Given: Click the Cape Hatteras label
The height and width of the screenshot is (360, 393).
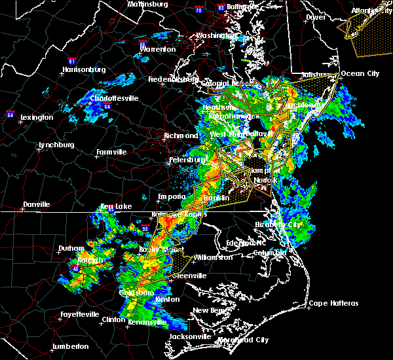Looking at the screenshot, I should pos(334,303).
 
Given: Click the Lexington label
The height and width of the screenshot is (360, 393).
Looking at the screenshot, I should pos(37,117).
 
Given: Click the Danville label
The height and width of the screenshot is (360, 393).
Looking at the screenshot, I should pos(36,204).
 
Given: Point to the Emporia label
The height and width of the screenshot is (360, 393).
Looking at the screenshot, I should pos(172,196).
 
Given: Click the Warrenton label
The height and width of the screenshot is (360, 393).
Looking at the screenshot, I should pos(158,49).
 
